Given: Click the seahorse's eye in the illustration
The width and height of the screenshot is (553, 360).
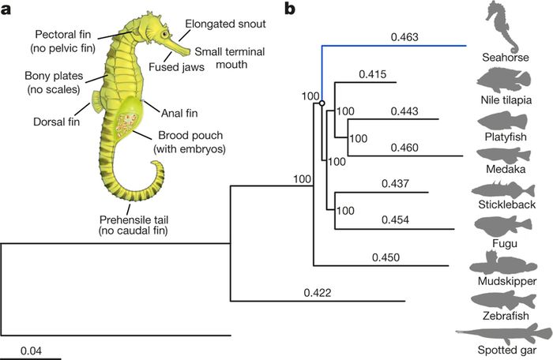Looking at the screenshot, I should click(x=167, y=35).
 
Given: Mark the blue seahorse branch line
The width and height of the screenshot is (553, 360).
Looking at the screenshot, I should click(x=395, y=46).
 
